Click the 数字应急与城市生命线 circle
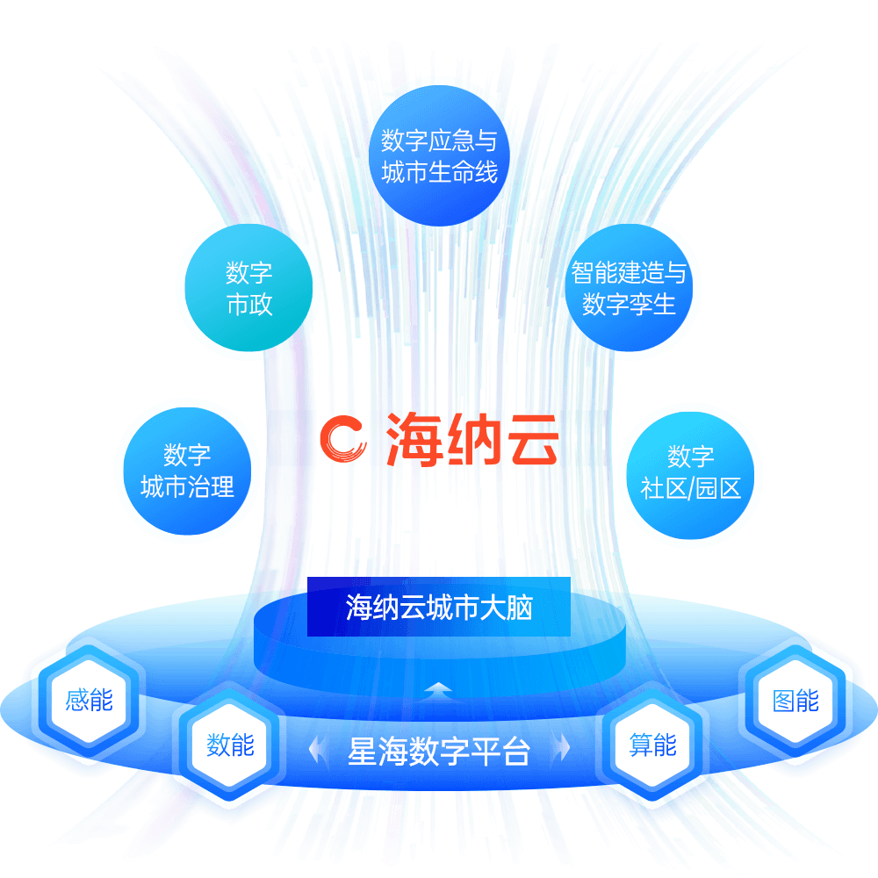point(439,155)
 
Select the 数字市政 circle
point(248,288)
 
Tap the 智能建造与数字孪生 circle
point(629,288)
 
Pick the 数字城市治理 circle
point(187,471)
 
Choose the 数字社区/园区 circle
point(690,475)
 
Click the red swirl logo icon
point(343,439)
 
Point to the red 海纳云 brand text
point(472,440)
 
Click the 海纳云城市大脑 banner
point(439,607)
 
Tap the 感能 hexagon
point(89,701)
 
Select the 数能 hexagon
point(230,745)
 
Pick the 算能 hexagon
point(653,745)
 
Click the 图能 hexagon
point(795,701)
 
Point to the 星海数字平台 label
point(439,751)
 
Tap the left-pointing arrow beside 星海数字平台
point(318,749)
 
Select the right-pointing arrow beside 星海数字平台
point(560,749)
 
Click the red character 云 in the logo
point(533,440)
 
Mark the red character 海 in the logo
point(414,440)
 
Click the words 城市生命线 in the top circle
point(440,171)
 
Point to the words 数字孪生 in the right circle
point(629,304)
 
